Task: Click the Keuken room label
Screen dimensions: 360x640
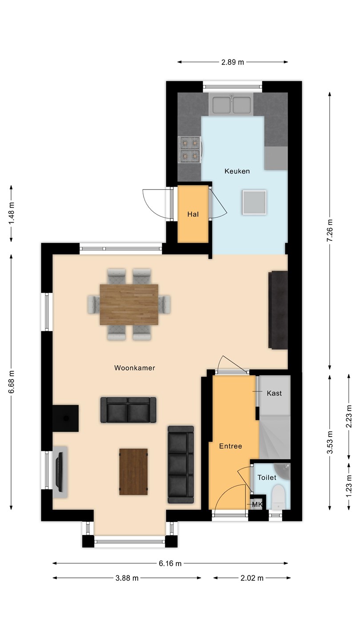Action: pyautogui.click(x=237, y=171)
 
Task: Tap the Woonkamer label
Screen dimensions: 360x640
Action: pyautogui.click(x=135, y=368)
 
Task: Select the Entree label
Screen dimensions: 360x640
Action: pyautogui.click(x=231, y=446)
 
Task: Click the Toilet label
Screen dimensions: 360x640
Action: pyautogui.click(x=267, y=477)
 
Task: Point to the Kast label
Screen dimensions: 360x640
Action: pyautogui.click(x=274, y=393)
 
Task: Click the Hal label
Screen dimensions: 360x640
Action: pyautogui.click(x=193, y=214)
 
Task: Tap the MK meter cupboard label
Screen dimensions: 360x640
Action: pyautogui.click(x=257, y=505)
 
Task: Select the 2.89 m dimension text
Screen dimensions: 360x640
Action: pyautogui.click(x=232, y=62)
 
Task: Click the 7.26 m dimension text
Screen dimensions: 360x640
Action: pyautogui.click(x=330, y=230)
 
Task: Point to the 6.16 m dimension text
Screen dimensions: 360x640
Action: pyautogui.click(x=170, y=564)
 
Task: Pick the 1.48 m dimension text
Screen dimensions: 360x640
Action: pyautogui.click(x=11, y=213)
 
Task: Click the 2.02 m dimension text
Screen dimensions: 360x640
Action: pyautogui.click(x=252, y=578)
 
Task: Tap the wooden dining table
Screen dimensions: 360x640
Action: pyautogui.click(x=129, y=304)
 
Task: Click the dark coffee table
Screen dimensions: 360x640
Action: pyautogui.click(x=133, y=472)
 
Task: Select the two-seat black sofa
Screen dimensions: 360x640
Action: pyautogui.click(x=128, y=410)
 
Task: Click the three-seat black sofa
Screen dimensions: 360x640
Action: pyautogui.click(x=181, y=464)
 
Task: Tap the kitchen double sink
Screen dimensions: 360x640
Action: pyautogui.click(x=232, y=105)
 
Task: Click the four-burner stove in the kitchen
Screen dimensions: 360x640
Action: pyautogui.click(x=190, y=149)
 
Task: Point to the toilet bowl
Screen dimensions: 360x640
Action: pyautogui.click(x=278, y=497)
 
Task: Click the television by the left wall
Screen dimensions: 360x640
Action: pyautogui.click(x=60, y=472)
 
